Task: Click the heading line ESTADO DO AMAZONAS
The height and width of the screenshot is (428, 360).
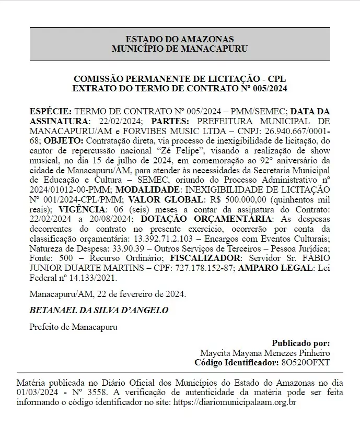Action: tap(180, 39)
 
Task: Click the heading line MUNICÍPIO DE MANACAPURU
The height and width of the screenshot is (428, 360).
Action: tap(180, 49)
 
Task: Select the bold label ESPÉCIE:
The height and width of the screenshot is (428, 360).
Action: tap(51, 112)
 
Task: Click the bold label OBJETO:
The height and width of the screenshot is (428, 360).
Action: tap(64, 141)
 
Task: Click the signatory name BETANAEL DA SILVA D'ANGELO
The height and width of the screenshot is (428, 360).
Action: tap(99, 310)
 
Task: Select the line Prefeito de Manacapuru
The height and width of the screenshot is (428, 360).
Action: tap(74, 327)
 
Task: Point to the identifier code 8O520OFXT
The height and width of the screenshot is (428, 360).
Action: tap(305, 362)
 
